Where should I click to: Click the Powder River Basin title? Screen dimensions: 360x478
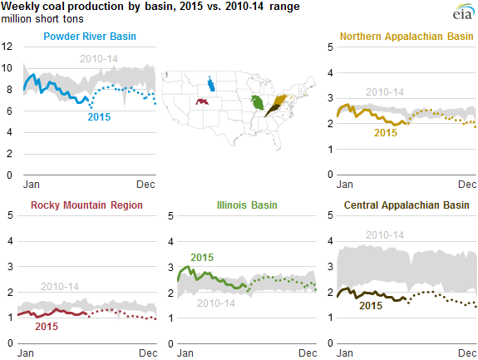90,36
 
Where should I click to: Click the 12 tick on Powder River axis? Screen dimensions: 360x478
7,46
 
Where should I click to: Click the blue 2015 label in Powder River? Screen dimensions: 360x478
101,116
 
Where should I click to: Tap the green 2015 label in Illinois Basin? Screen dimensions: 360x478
202,258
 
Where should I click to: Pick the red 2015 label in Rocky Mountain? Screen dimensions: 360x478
47,326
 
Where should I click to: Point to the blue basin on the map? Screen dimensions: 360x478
211,84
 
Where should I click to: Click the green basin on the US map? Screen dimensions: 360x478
258,103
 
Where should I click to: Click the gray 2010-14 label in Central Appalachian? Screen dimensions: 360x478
385,236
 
